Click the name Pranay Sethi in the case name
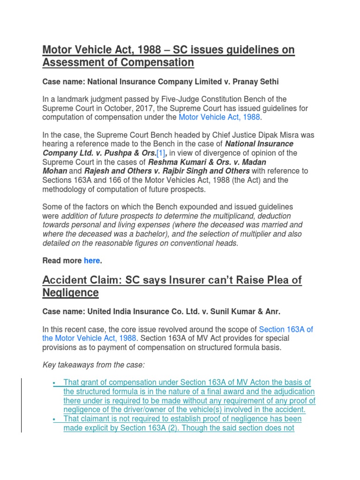point(256,82)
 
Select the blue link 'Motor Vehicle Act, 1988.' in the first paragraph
point(219,117)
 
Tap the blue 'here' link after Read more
point(91,261)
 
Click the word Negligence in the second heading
point(71,293)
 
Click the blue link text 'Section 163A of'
point(286,330)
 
